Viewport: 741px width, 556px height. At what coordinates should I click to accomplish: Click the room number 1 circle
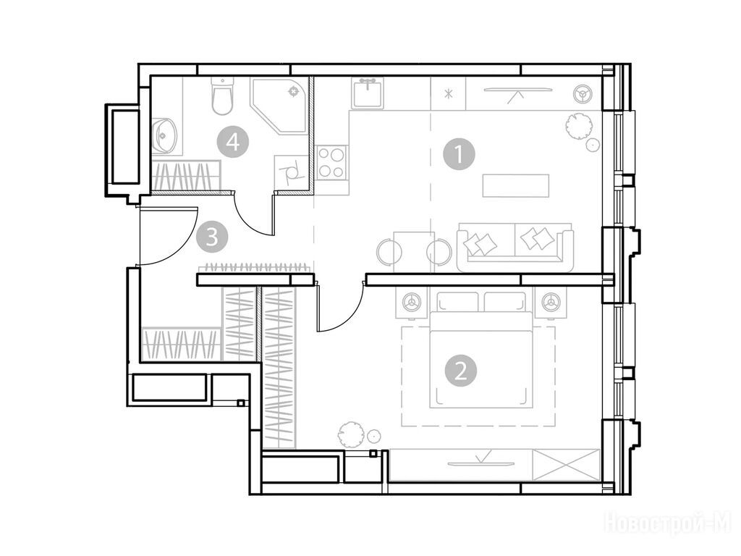[x=459, y=153]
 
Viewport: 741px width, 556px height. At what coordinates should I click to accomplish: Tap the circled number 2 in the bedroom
[x=461, y=371]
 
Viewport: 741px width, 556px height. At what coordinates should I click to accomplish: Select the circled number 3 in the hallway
[x=213, y=237]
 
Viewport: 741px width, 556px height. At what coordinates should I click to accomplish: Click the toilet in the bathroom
[x=223, y=96]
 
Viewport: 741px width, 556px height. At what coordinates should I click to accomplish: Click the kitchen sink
[x=367, y=93]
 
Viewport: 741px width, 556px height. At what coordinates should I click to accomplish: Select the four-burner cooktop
[x=331, y=162]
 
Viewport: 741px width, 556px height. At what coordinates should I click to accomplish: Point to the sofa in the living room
[x=515, y=246]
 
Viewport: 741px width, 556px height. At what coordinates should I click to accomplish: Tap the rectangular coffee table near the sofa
[x=515, y=186]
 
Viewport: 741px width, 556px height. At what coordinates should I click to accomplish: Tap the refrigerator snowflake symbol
[x=447, y=93]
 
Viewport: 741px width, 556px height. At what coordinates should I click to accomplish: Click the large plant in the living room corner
[x=578, y=126]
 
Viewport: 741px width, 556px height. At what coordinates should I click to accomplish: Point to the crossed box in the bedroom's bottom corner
[x=566, y=465]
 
